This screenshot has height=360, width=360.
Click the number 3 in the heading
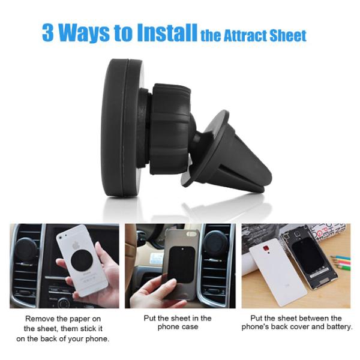point(47,33)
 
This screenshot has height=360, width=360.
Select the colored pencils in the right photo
point(338,261)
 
